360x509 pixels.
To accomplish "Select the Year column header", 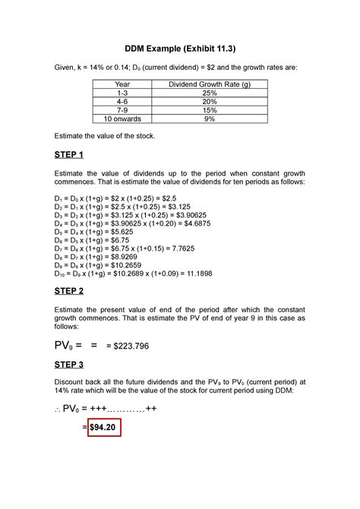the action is click(122, 84).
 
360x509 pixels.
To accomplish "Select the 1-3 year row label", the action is click(122, 93).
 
